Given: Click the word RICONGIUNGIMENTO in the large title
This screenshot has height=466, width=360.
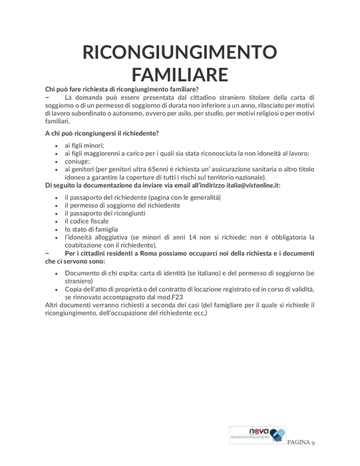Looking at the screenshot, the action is (180, 52).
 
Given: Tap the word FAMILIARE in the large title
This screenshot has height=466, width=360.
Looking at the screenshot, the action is (180, 73).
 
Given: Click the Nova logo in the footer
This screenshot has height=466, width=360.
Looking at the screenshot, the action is (256, 435).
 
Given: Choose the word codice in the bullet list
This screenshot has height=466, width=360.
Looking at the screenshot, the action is (90, 220).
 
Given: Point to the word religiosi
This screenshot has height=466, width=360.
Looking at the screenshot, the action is (258, 114).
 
